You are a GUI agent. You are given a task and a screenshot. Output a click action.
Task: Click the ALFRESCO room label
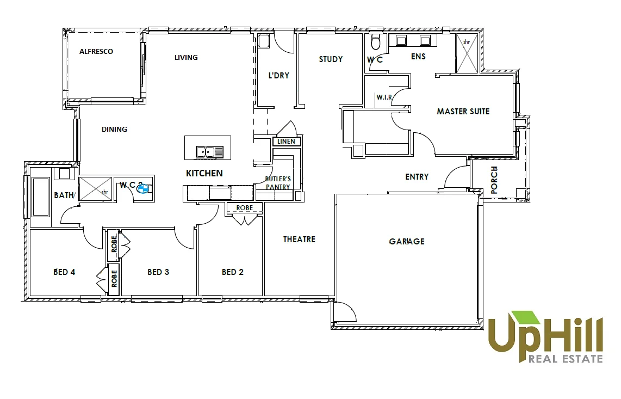(96, 52)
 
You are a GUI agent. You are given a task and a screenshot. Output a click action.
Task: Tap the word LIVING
(186, 57)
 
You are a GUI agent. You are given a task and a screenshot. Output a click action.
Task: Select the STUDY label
(331, 59)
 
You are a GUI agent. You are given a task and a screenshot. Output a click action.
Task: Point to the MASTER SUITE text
(463, 112)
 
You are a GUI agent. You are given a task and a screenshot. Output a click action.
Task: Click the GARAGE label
(407, 242)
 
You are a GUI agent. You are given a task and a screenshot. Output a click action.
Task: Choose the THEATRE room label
(299, 240)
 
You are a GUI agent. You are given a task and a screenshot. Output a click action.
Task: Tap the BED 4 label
(64, 272)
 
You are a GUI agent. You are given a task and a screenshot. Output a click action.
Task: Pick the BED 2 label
(233, 272)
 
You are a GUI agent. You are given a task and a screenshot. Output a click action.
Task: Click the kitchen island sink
(209, 152)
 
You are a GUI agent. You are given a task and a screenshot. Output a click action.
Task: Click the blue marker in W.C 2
(144, 189)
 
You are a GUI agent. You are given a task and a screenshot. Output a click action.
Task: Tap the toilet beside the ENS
(375, 42)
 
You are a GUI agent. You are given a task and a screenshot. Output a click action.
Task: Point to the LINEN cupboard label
(286, 142)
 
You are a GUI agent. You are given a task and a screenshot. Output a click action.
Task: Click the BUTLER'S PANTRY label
(278, 183)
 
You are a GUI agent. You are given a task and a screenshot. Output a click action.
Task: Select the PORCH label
(494, 180)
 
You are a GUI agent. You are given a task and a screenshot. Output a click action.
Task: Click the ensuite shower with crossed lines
(467, 54)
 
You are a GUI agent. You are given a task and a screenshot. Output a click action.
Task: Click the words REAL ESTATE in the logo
(566, 359)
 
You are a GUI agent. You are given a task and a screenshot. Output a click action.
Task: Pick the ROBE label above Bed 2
(244, 208)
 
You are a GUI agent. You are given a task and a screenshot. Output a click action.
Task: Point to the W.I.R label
(384, 97)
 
